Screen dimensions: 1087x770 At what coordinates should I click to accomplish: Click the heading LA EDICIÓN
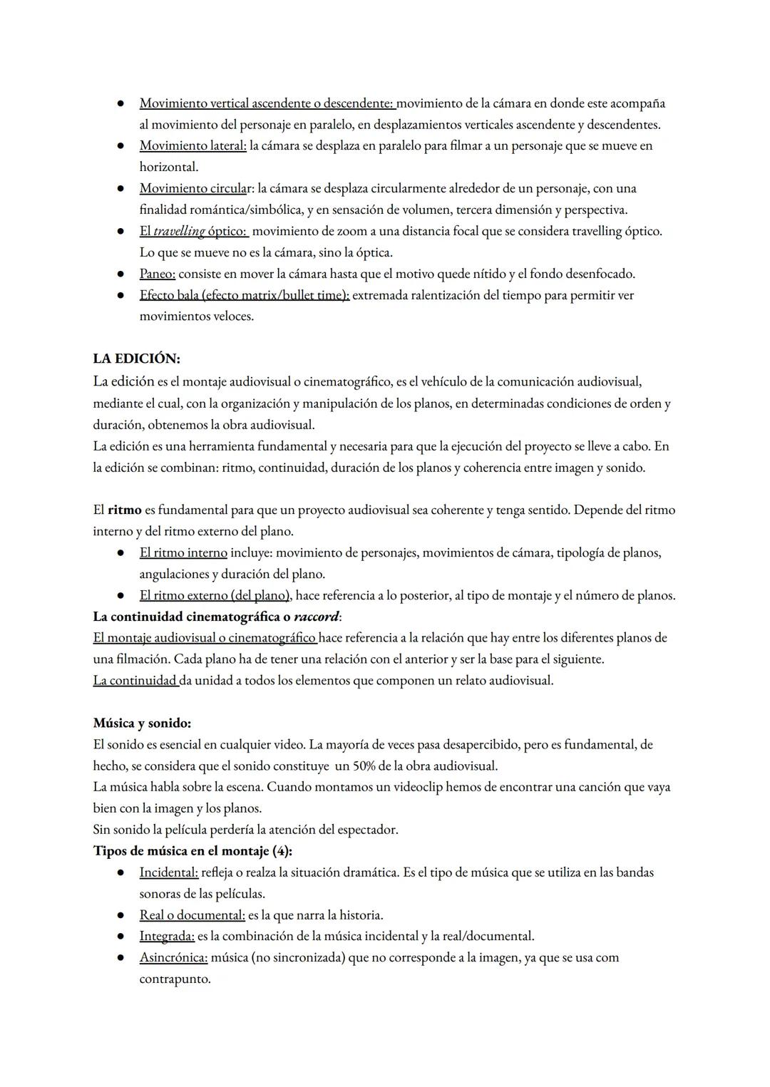[x=136, y=359]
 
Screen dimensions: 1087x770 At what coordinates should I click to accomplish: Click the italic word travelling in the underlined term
[x=179, y=232]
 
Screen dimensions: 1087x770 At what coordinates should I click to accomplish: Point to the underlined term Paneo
[x=157, y=274]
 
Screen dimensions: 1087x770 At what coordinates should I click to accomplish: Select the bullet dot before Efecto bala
[x=122, y=295]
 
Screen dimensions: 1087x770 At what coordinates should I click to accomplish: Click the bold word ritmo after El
[x=124, y=510]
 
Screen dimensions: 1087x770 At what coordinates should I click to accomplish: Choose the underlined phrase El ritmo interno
[x=183, y=553]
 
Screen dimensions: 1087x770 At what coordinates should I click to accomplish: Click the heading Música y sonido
[x=142, y=723]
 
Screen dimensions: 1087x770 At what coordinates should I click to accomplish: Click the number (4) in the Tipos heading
[x=282, y=851]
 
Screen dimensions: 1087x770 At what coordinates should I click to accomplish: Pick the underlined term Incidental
[x=168, y=872]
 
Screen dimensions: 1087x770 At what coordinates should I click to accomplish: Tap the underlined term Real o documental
[x=192, y=915]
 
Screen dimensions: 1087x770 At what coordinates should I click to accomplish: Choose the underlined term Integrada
[x=167, y=937]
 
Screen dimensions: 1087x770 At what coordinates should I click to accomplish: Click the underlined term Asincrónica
[x=173, y=958]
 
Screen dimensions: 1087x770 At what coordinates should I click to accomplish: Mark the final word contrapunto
[x=175, y=979]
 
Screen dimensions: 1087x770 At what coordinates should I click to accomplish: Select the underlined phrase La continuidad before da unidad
[x=135, y=681]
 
